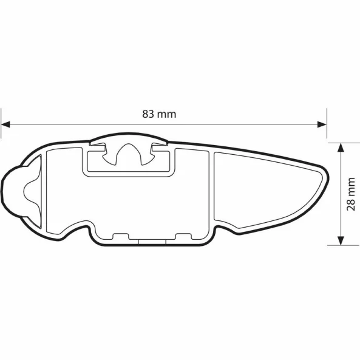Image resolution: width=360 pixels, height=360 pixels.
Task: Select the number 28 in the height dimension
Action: pos(350,203)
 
